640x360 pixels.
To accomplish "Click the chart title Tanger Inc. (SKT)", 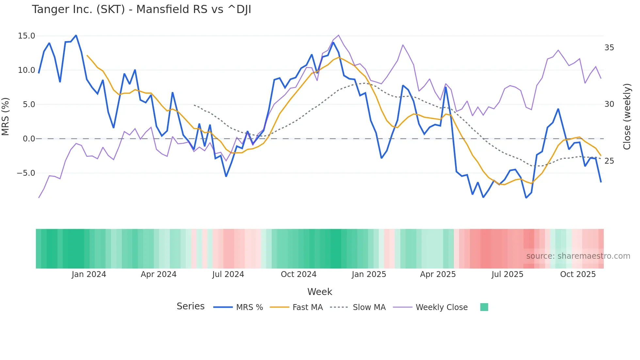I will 141,9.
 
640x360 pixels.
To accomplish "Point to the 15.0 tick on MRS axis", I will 26,36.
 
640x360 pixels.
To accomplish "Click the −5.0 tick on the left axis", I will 26,173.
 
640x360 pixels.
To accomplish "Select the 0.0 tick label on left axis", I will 29,139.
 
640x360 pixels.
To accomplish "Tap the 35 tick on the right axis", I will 609,48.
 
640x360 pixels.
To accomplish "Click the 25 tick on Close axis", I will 609,161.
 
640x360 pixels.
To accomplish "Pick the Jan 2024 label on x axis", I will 89,274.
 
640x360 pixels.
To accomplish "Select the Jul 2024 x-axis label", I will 228,274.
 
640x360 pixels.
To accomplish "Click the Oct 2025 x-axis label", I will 578,274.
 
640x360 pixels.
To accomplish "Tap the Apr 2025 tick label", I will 438,274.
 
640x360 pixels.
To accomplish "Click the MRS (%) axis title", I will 6,117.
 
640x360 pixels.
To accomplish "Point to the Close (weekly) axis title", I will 627,117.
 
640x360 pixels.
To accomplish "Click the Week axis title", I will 320,292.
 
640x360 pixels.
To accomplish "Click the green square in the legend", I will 484,307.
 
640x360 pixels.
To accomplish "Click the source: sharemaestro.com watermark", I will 578,256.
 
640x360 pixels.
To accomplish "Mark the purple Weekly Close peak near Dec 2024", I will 338,35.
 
